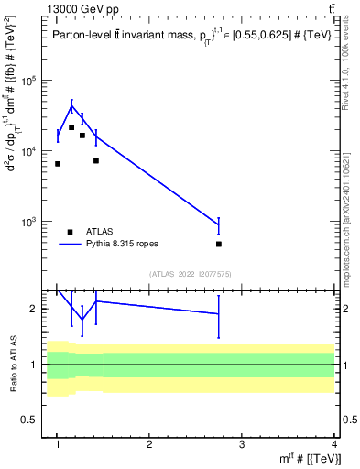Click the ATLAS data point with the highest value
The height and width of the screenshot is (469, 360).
71,127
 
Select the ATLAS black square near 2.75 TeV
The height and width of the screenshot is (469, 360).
219,244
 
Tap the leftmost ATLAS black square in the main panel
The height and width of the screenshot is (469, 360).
58,164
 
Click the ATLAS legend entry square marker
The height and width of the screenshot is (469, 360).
71,233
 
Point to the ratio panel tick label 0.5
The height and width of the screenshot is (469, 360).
34,420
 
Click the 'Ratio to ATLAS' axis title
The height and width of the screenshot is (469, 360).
12,364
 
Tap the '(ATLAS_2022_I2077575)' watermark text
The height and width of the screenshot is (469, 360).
191,274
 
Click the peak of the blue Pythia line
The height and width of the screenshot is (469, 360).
71,105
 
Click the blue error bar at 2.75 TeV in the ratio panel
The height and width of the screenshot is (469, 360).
219,314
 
